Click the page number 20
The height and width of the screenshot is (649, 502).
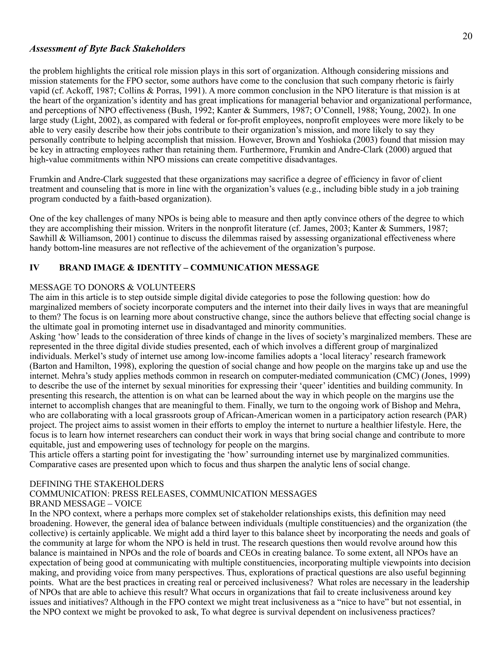(x=467, y=36)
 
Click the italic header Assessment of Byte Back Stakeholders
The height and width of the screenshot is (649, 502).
(x=107, y=48)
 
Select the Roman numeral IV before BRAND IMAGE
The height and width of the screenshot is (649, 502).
(x=34, y=268)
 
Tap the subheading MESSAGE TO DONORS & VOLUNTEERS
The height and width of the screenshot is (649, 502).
(x=113, y=287)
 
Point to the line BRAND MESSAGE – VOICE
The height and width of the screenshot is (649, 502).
(x=86, y=504)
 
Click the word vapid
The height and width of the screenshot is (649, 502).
(x=40, y=91)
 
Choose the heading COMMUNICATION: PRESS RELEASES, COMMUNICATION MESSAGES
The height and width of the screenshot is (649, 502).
(x=173, y=494)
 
